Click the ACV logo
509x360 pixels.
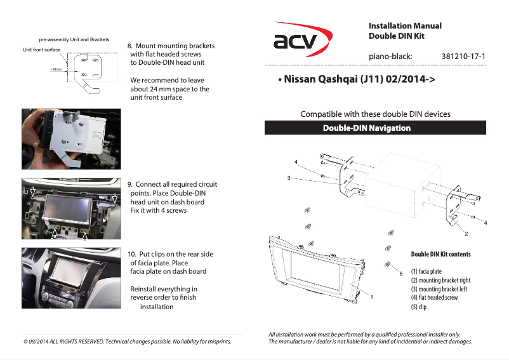(x=302, y=41)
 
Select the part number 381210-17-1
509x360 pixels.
(x=463, y=57)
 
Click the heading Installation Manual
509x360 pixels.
(x=405, y=26)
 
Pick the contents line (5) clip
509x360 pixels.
(x=419, y=307)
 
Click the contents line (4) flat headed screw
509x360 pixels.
(x=434, y=297)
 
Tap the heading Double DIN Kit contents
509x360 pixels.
(x=440, y=254)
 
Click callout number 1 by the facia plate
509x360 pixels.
(x=371, y=297)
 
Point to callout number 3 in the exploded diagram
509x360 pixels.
(x=288, y=178)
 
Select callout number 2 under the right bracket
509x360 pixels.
(x=466, y=234)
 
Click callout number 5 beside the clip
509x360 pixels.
(x=401, y=273)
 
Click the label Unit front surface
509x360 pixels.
(x=41, y=50)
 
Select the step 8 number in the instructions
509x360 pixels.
(x=131, y=46)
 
